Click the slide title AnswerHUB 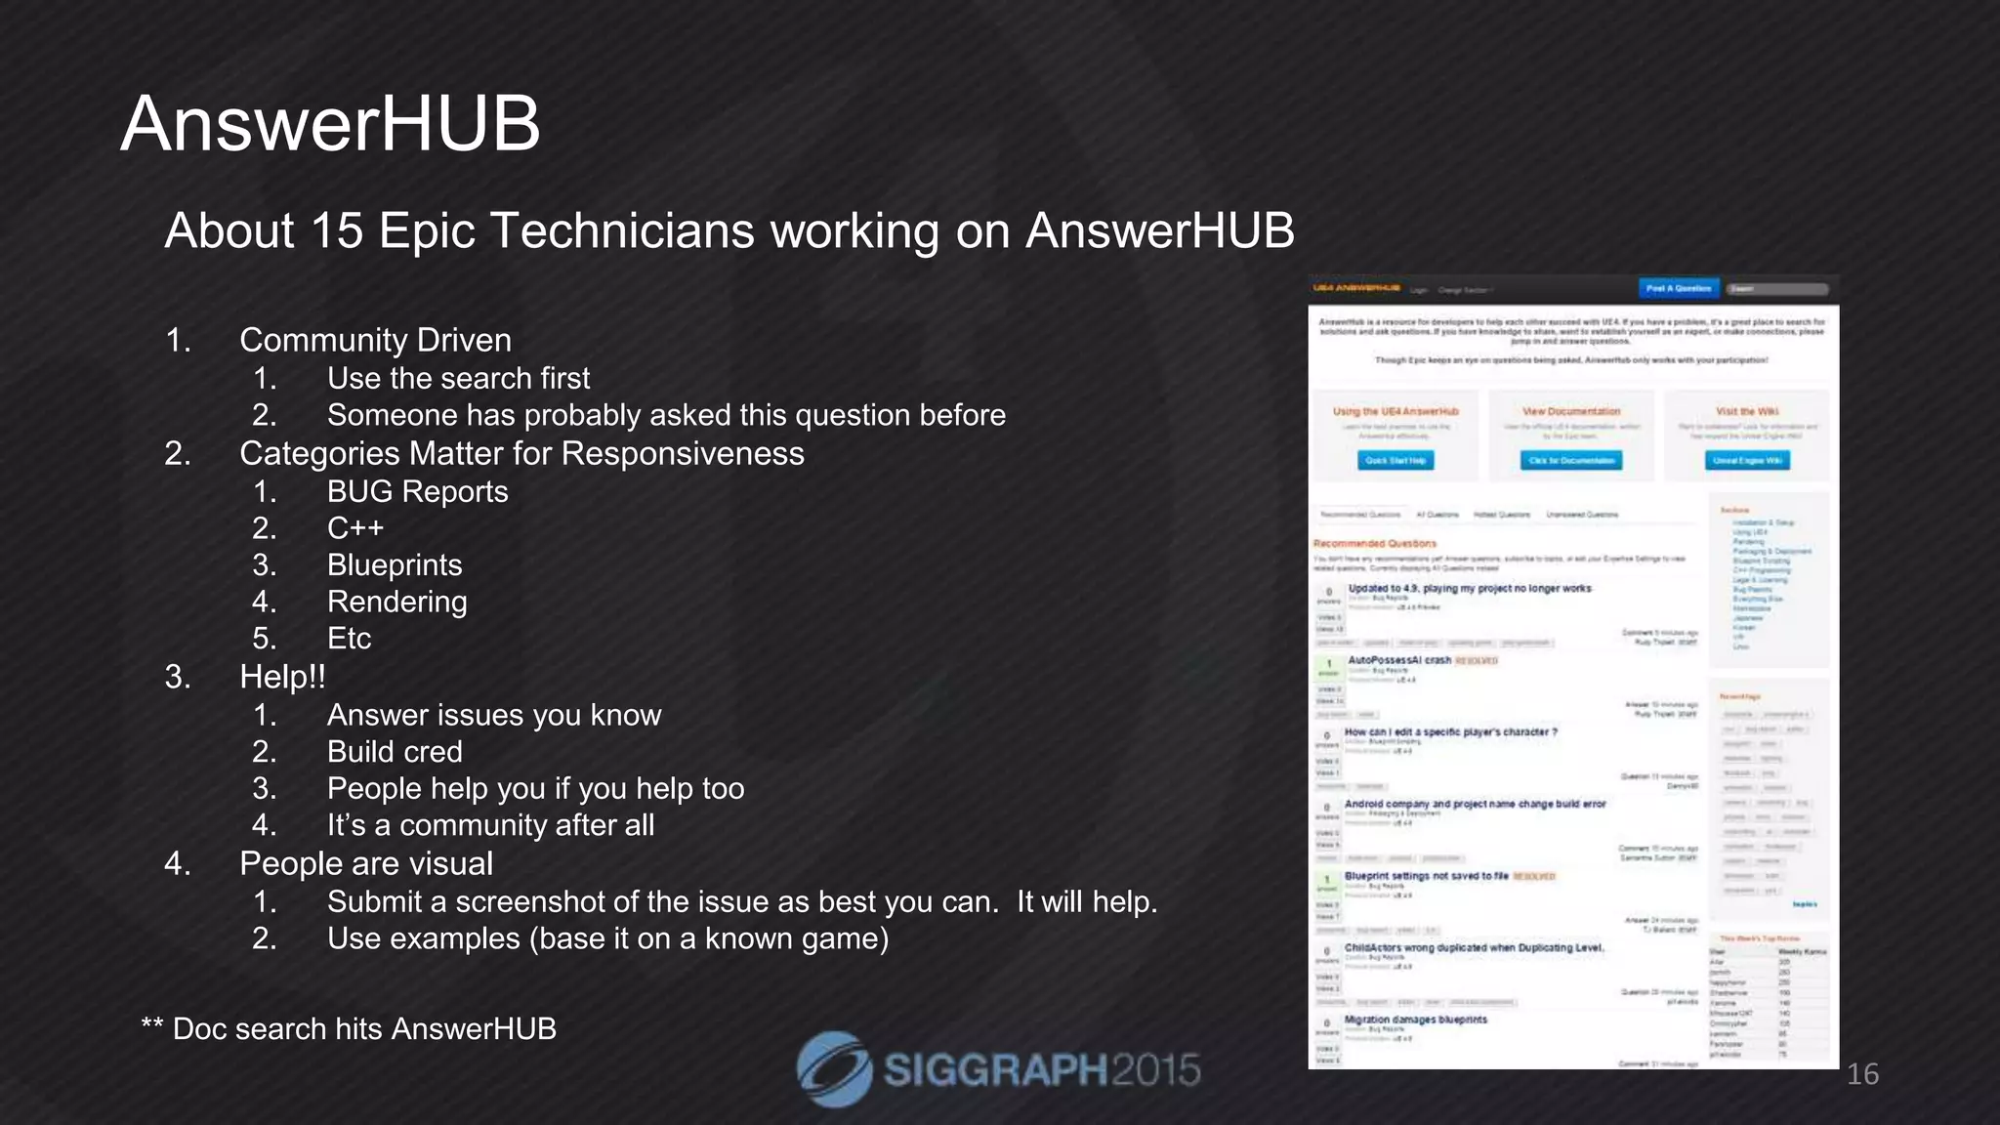(x=330, y=124)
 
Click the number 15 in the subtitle (x=337, y=231)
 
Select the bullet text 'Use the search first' (x=458, y=378)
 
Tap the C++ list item (x=355, y=528)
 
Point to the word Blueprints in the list (x=395, y=564)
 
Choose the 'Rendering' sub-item (x=396, y=602)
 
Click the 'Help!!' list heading (x=282, y=677)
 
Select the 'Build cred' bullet (x=395, y=752)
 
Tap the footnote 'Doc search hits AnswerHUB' (x=363, y=1028)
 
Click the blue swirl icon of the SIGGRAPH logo (x=833, y=1069)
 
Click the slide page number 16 (x=1862, y=1074)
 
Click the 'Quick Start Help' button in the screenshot (x=1396, y=460)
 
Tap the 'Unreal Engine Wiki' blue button (x=1747, y=460)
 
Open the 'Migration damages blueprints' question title (x=1415, y=1020)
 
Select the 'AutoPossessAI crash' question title (x=1399, y=660)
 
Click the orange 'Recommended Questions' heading (x=1374, y=543)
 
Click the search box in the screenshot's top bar (x=1776, y=289)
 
